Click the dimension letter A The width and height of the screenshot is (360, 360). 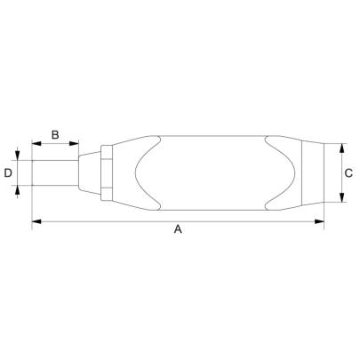(178, 229)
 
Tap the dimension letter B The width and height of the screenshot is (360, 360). (54, 135)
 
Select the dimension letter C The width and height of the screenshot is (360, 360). (349, 172)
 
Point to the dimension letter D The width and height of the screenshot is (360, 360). (8, 172)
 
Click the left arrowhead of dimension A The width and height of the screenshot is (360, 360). (36, 221)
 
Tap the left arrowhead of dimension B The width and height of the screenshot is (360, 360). (36, 143)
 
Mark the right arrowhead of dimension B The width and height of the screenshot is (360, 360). (76, 143)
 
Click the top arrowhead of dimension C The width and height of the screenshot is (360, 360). (342, 147)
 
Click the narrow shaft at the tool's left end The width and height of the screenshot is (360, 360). (53, 172)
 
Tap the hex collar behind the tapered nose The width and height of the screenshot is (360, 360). (106, 172)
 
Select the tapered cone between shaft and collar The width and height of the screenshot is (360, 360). (89, 172)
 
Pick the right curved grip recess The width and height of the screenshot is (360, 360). (271, 172)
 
